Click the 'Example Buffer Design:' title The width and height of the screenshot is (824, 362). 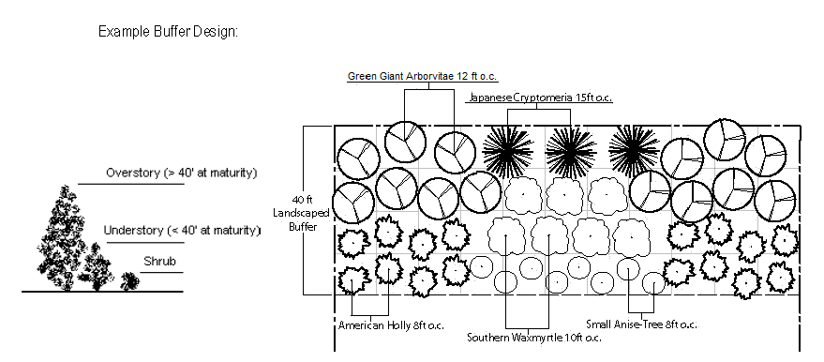click(168, 32)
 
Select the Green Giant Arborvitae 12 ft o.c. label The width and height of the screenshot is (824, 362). click(422, 77)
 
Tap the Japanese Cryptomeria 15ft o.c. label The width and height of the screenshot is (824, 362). click(540, 98)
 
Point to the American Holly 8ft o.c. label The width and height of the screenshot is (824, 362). click(391, 325)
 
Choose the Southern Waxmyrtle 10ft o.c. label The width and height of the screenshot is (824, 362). click(534, 338)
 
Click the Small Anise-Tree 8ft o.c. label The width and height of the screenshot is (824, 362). click(641, 324)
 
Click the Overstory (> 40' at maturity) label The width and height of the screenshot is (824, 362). click(181, 173)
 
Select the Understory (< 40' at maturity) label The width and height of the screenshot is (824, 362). click(182, 230)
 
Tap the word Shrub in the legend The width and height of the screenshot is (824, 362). click(159, 262)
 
